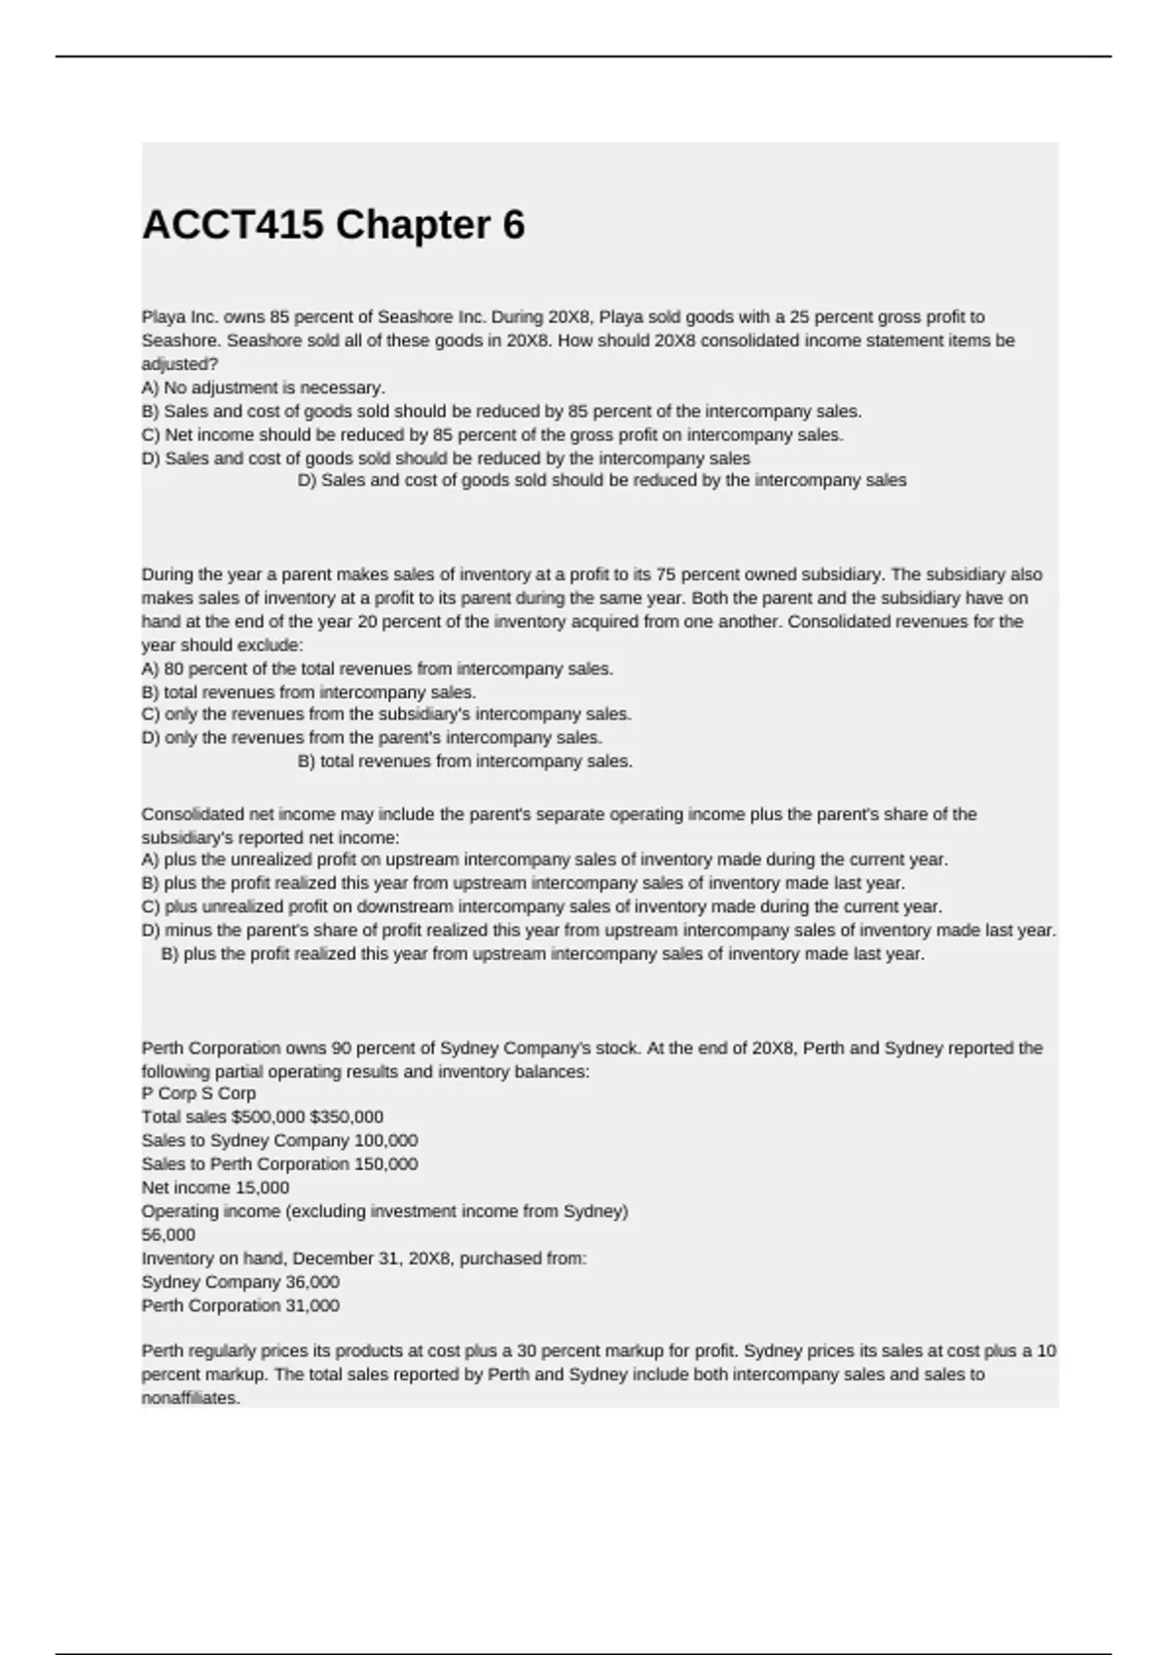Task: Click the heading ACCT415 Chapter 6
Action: coord(333,226)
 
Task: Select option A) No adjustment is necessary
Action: coord(263,387)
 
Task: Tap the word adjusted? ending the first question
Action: coord(180,364)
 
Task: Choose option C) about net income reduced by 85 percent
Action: coord(492,435)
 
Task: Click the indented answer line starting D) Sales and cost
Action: coord(602,480)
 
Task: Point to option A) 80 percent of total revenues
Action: coord(377,669)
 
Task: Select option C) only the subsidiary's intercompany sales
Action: coord(386,715)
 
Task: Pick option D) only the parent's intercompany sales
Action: coord(372,738)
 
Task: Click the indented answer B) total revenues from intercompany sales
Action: coord(464,761)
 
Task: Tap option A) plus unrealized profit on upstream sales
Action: coord(544,860)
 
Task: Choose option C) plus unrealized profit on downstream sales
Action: coord(541,906)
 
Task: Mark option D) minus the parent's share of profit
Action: coord(598,931)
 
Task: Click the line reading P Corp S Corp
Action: coord(199,1093)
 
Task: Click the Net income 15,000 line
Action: coord(215,1188)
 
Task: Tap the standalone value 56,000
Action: coord(168,1234)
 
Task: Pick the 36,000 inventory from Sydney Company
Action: coord(311,1282)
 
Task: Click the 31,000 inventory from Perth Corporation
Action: coord(311,1306)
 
